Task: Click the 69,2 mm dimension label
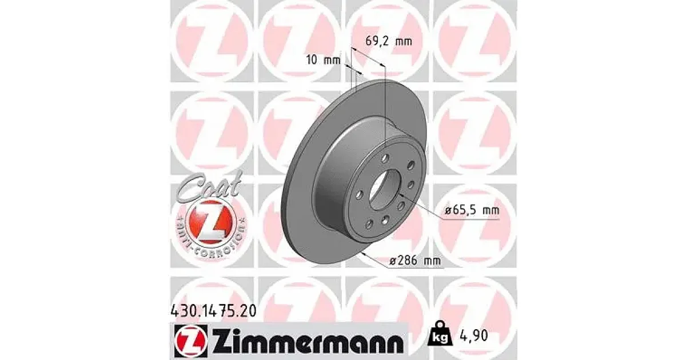pos(389,41)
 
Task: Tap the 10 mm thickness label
pos(324,60)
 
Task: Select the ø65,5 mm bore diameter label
pos(472,210)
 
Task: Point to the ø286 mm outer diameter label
pos(416,261)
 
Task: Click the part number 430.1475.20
pos(213,311)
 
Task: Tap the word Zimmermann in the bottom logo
pos(307,342)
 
